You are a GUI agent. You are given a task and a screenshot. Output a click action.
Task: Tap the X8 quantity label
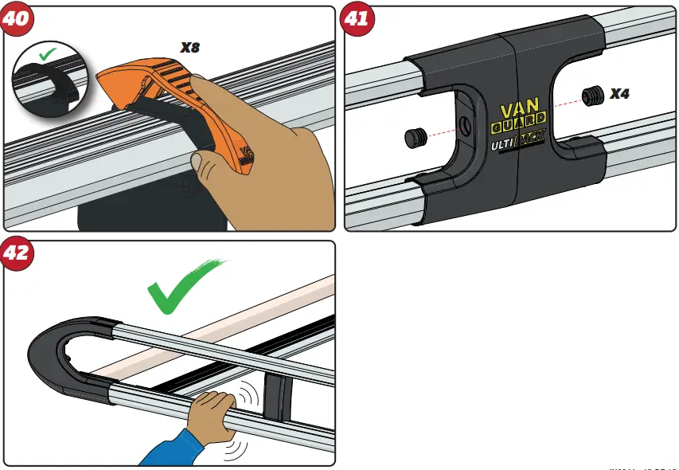189,48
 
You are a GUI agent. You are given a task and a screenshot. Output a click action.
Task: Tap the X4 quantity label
620,94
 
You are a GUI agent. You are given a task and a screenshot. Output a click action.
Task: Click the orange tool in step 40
183,104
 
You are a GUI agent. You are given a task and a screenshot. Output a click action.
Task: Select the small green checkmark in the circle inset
48,55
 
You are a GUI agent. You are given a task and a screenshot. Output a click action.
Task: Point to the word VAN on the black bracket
521,112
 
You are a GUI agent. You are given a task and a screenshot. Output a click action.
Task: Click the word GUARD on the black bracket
519,128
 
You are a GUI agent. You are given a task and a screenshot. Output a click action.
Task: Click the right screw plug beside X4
591,96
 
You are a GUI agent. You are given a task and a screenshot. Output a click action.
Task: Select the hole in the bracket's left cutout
464,124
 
